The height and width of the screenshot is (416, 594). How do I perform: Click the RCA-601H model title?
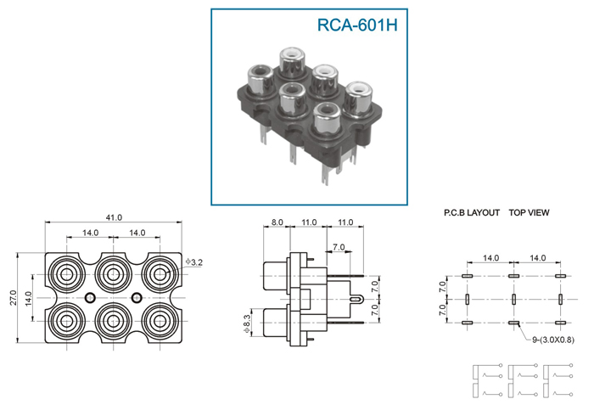pos(357,25)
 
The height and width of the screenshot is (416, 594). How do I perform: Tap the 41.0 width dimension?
pos(114,218)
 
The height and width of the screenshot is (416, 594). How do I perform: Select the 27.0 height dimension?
pos(14,298)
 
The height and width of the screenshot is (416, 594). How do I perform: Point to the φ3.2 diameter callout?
pos(194,261)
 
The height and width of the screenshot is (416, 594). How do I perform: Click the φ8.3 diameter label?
pos(247,323)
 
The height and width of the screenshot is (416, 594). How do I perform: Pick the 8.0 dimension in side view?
pos(277,222)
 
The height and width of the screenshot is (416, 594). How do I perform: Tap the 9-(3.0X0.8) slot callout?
pos(553,340)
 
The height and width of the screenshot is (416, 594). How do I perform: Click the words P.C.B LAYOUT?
pos(472,213)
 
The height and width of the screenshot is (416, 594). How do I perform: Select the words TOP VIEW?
pos(529,213)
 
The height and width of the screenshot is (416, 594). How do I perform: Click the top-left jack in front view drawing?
pos(67,274)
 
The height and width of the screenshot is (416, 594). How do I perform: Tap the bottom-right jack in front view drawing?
pos(160,321)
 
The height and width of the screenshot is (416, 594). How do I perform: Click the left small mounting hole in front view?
pos(90,298)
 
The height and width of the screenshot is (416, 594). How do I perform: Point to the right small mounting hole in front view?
pos(137,298)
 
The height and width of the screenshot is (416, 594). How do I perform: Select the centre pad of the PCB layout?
pos(513,300)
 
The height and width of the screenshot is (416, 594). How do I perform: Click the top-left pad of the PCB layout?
pos(467,276)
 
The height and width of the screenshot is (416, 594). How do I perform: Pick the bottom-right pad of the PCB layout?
pos(560,323)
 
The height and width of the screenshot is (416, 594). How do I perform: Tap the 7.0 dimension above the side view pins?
pos(339,247)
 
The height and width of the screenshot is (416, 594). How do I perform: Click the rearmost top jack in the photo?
pos(293,60)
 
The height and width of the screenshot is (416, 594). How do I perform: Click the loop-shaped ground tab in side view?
pos(357,299)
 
